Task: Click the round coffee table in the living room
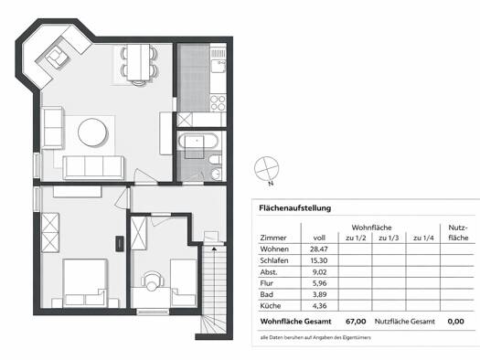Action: pyautogui.click(x=93, y=133)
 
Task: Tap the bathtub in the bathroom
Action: pyautogui.click(x=198, y=142)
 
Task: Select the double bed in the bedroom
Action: pyautogui.click(x=85, y=283)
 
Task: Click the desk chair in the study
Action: pyautogui.click(x=151, y=281)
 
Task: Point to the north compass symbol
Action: pyautogui.click(x=267, y=170)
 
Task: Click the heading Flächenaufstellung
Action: pyautogui.click(x=294, y=208)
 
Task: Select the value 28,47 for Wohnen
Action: pyautogui.click(x=319, y=249)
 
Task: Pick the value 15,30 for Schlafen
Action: pyautogui.click(x=319, y=260)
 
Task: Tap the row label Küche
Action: pyautogui.click(x=271, y=305)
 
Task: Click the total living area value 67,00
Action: pyautogui.click(x=356, y=322)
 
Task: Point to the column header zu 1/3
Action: pyautogui.click(x=389, y=238)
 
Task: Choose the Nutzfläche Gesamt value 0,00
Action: pyautogui.click(x=456, y=322)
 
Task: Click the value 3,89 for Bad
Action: pyautogui.click(x=320, y=294)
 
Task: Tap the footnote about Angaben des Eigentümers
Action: pyautogui.click(x=315, y=338)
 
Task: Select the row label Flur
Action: pyautogui.click(x=266, y=283)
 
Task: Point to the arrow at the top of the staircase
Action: pyautogui.click(x=214, y=249)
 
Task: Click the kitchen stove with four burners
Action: pyautogui.click(x=218, y=102)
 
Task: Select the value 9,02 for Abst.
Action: pyautogui.click(x=320, y=271)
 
